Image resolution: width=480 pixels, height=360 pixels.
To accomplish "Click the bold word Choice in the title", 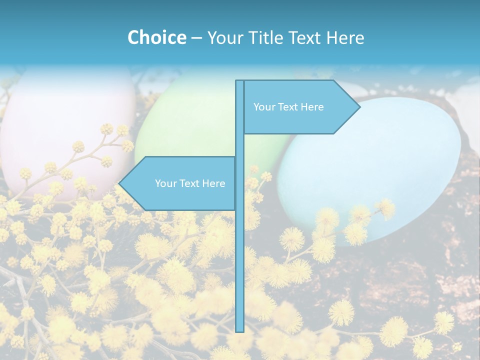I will [156, 37].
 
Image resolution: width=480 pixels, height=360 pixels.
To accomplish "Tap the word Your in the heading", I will [225, 37].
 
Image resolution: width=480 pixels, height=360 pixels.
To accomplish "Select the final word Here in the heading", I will [345, 37].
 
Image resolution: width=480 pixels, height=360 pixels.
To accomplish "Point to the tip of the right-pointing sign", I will [359, 107].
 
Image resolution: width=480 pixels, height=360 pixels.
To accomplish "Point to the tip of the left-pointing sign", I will [119, 183].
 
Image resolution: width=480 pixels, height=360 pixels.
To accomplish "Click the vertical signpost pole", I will [239, 250].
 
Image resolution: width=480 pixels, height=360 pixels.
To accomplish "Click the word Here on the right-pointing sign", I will [312, 107].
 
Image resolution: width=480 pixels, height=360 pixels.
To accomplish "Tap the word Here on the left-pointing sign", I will [213, 183].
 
